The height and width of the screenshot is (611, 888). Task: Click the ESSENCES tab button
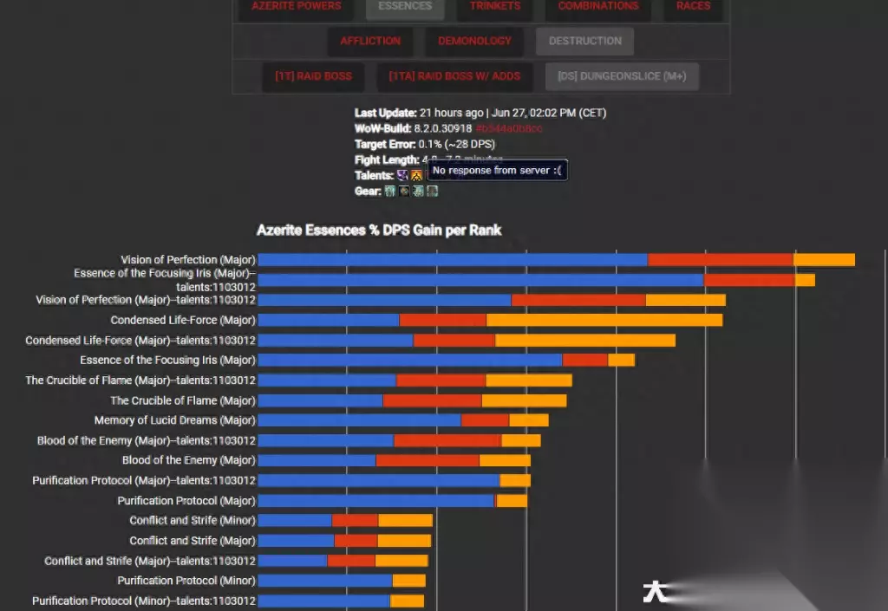pos(405,6)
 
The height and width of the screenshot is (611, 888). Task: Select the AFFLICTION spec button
pos(370,41)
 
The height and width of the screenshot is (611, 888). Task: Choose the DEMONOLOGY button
pos(474,41)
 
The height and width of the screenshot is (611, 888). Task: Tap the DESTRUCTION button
pos(584,41)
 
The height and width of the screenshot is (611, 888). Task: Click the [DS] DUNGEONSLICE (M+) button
pos(622,76)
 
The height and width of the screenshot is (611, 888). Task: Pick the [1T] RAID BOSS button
pos(313,76)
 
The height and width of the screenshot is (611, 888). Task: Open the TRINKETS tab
pos(495,6)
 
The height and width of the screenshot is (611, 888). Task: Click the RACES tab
pos(693,6)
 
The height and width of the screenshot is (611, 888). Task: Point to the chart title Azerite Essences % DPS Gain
pos(379,230)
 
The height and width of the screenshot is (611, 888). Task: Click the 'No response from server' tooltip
pos(497,171)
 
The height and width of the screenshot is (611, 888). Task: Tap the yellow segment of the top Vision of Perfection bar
pos(824,260)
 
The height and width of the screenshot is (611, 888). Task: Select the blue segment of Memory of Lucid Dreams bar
pos(359,420)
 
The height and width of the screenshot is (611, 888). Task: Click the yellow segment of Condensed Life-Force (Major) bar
pos(604,320)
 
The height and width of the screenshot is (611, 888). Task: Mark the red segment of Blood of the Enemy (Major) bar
pos(427,460)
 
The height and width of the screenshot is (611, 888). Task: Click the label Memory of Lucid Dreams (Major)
pos(175,420)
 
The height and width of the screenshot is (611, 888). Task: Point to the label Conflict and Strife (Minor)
pos(193,521)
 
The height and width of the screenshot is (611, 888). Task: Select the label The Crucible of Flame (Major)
pos(183,400)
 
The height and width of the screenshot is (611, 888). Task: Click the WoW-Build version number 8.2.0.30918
pos(442,128)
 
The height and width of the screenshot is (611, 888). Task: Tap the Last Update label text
pos(385,113)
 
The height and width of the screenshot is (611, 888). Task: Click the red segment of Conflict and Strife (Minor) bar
pos(355,521)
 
